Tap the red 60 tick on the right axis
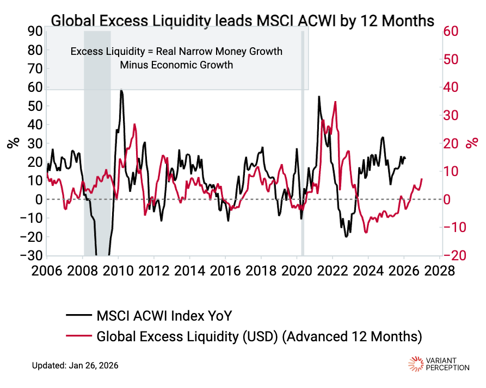click(x=456, y=32)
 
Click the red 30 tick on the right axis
click(x=456, y=115)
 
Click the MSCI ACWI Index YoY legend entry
click(x=167, y=316)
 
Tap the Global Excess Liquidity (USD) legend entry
click(x=259, y=336)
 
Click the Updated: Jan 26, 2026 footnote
click(x=75, y=365)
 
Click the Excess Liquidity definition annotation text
click(x=177, y=58)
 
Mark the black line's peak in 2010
click(x=121, y=91)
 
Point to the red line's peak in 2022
click(x=335, y=102)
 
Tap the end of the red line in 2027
click(x=422, y=179)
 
